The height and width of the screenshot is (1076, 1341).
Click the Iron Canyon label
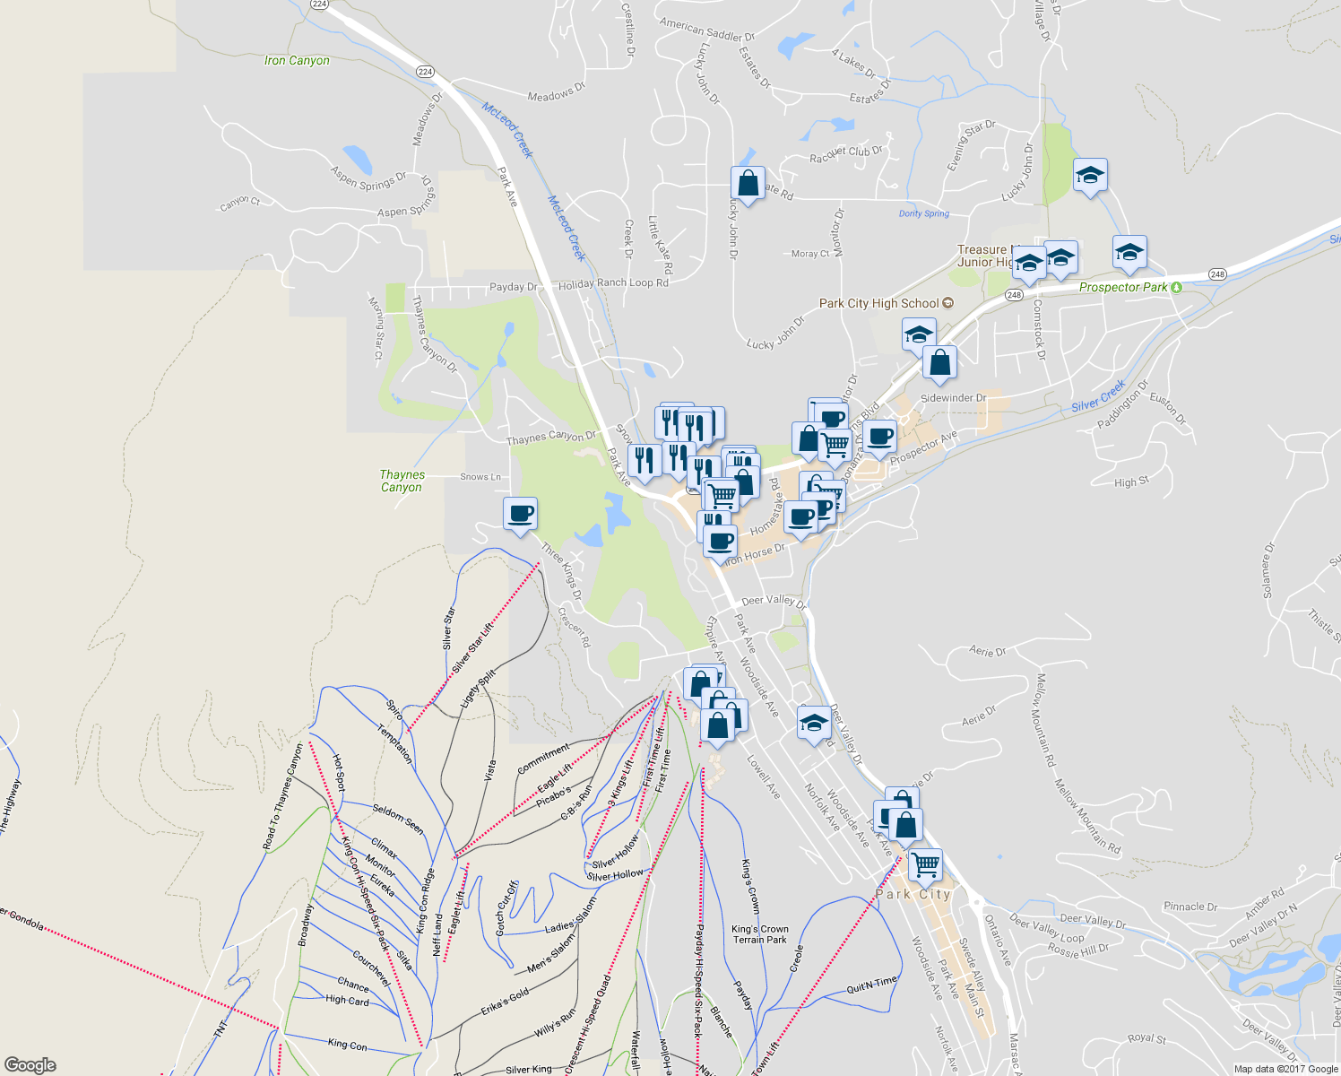(x=297, y=61)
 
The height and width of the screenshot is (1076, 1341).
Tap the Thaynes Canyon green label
(x=402, y=482)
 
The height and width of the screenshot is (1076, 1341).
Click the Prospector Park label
(x=1123, y=288)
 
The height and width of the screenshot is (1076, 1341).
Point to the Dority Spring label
(x=923, y=214)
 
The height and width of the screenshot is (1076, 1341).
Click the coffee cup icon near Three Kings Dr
(x=521, y=515)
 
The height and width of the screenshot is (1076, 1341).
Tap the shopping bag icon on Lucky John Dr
(x=748, y=184)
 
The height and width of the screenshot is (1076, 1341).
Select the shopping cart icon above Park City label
(x=925, y=865)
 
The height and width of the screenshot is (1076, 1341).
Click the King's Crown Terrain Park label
(x=760, y=934)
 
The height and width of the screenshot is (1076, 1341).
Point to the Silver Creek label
(x=1098, y=396)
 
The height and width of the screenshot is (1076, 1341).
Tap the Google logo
(x=30, y=1065)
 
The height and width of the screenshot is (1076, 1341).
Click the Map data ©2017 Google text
(x=1285, y=1069)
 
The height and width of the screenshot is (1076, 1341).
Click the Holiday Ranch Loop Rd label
(x=613, y=283)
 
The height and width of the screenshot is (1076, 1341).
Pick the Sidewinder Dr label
(x=953, y=398)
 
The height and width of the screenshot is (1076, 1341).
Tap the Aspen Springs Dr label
(x=368, y=178)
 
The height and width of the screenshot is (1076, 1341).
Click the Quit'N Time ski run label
(x=871, y=986)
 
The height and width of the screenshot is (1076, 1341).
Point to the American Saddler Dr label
(x=707, y=30)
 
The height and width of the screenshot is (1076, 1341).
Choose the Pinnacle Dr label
(x=1190, y=907)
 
